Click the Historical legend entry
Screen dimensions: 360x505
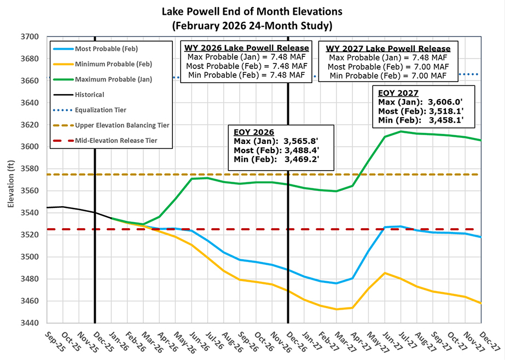click(x=90, y=95)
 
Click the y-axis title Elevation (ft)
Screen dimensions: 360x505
click(x=10, y=181)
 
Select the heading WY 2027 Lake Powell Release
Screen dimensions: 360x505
click(x=388, y=48)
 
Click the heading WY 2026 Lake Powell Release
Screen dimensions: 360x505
click(x=246, y=47)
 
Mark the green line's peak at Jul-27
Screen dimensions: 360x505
click(x=401, y=131)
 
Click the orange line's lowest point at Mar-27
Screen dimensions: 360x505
click(x=336, y=309)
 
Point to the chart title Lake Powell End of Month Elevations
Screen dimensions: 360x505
click(x=252, y=11)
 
